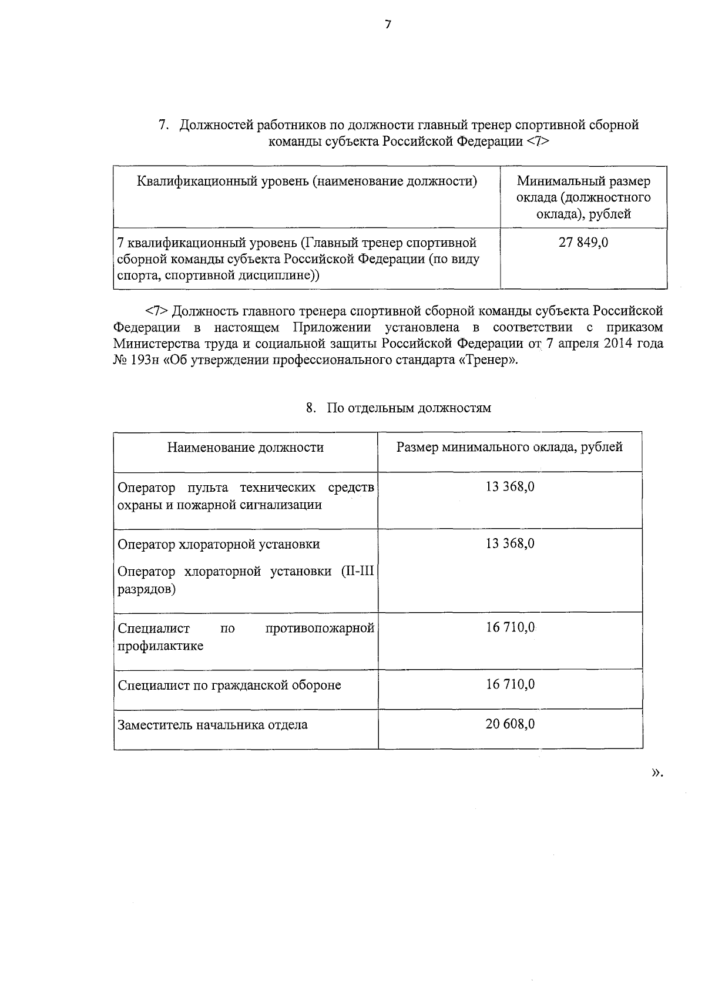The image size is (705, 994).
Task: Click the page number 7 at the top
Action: pyautogui.click(x=387, y=25)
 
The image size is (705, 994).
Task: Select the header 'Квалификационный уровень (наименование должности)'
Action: pyautogui.click(x=307, y=181)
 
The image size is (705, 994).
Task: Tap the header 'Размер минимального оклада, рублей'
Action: pyautogui.click(x=509, y=447)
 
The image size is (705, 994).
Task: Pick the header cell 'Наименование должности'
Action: pyautogui.click(x=245, y=448)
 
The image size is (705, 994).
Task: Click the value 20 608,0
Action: pyautogui.click(x=510, y=724)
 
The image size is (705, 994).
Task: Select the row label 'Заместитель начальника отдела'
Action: pyautogui.click(x=213, y=725)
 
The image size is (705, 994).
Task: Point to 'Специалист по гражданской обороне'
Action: pyautogui.click(x=229, y=686)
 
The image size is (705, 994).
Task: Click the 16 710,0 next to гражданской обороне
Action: pyautogui.click(x=510, y=684)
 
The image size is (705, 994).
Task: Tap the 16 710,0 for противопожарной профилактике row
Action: pyautogui.click(x=510, y=628)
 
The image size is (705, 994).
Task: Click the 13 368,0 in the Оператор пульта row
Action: pyautogui.click(x=510, y=487)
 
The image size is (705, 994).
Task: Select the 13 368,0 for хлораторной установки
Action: pyautogui.click(x=510, y=543)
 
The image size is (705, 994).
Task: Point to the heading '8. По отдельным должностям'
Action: pyautogui.click(x=398, y=408)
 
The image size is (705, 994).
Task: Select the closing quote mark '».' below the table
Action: pyautogui.click(x=657, y=773)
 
